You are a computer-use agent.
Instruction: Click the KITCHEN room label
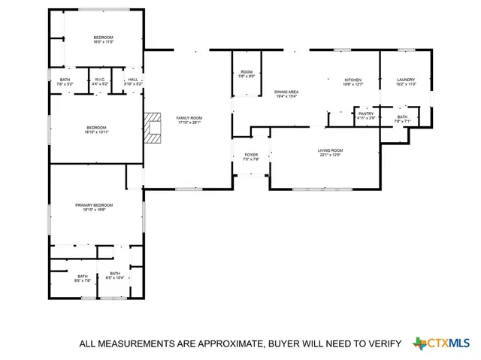pos(353,80)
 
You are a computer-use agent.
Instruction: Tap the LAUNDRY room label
pos(405,80)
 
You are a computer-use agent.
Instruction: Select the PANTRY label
pos(365,113)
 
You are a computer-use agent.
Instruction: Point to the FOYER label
pos(251,155)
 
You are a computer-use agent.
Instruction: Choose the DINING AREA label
pos(286,92)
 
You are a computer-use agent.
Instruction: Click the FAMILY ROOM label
pos(189,118)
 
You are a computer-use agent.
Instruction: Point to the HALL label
pos(132,80)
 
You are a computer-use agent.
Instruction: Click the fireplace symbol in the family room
pos(155,127)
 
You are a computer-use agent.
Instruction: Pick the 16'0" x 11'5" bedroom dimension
pos(103,43)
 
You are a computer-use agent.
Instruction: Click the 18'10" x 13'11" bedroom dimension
pos(96,132)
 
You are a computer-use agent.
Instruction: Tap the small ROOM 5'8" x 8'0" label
pos(247,73)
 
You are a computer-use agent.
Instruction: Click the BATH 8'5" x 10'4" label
pos(114,274)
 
